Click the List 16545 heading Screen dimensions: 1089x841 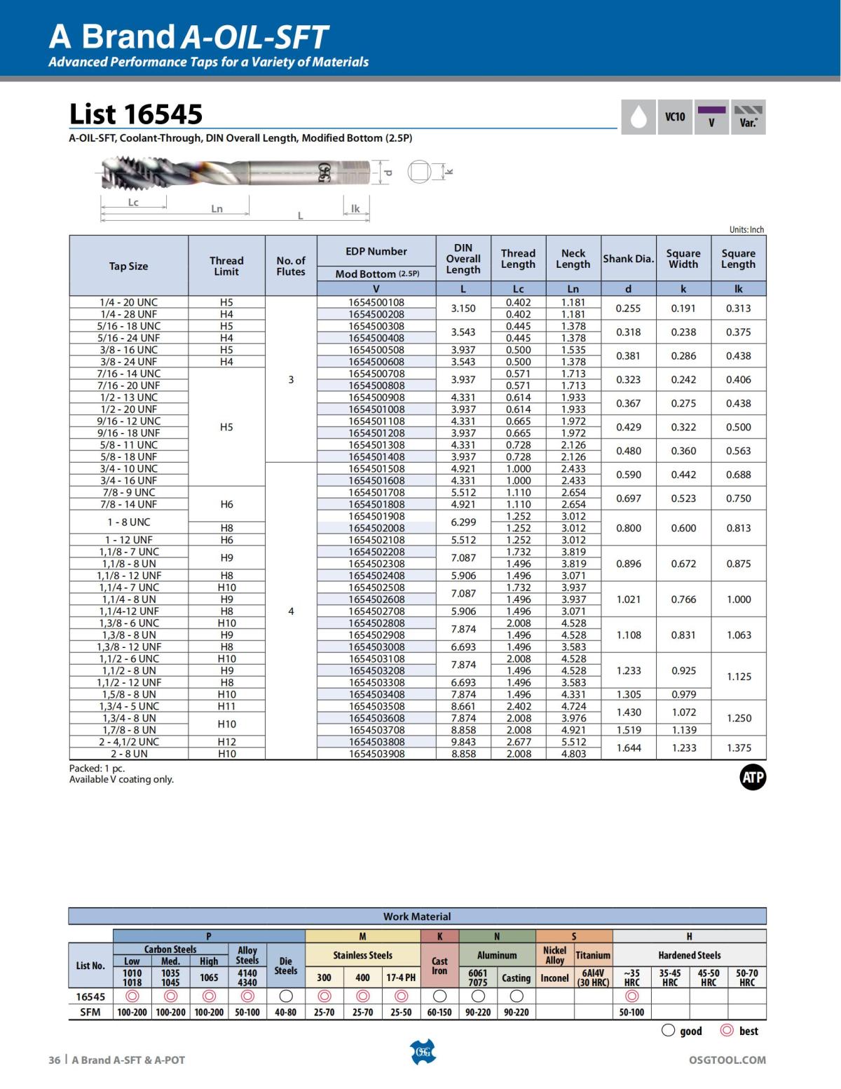[136, 114]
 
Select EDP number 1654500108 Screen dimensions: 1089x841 [376, 302]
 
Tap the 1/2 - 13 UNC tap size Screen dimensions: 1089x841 [129, 397]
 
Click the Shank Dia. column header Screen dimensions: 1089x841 [628, 259]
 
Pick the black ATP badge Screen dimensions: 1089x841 [753, 777]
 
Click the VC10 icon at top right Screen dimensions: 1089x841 [675, 117]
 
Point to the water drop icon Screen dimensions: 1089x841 [638, 117]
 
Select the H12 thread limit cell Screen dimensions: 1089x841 [226, 742]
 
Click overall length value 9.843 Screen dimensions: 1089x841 [463, 742]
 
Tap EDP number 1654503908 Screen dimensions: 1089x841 [376, 754]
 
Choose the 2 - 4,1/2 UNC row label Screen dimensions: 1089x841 [129, 742]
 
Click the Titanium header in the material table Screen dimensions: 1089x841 [593, 955]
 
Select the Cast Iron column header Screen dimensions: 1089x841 [439, 966]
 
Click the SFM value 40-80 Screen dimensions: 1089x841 [285, 1012]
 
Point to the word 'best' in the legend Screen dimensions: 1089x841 [748, 1031]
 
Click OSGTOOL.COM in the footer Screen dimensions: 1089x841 [727, 1060]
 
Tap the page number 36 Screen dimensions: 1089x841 [54, 1060]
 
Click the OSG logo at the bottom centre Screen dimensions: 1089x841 [422, 1052]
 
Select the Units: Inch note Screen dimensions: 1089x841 [746, 229]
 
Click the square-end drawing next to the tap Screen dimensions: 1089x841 [418, 172]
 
